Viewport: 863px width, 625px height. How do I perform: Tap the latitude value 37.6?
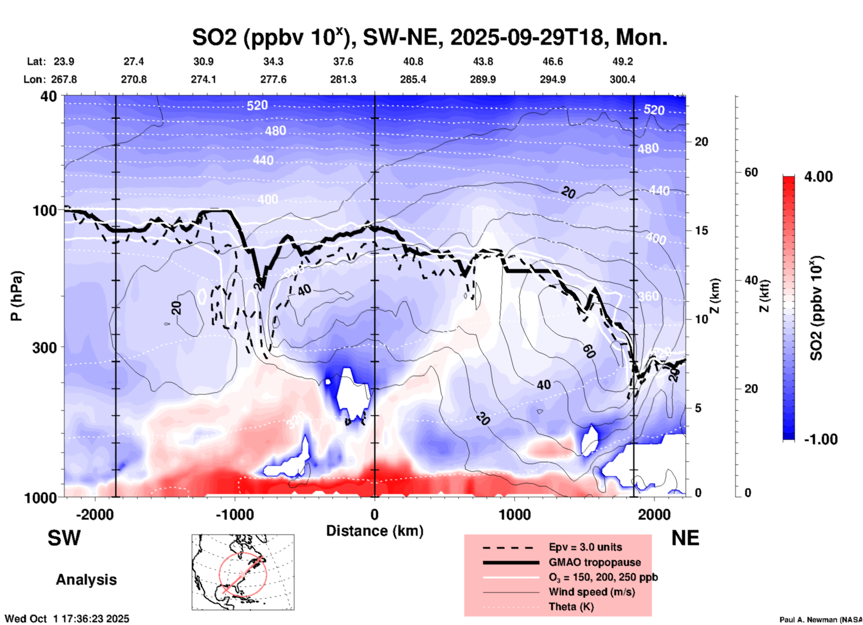tap(343, 61)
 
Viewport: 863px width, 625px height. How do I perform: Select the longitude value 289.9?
tap(483, 79)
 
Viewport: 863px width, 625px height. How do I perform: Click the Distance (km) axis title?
tap(375, 531)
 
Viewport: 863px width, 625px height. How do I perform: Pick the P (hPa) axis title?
tap(17, 295)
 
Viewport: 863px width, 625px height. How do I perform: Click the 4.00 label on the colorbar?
tap(818, 177)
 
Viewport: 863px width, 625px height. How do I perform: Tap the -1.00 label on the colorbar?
tap(820, 439)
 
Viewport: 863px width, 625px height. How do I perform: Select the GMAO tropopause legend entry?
tap(595, 562)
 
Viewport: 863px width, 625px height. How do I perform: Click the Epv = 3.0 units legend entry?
tap(585, 547)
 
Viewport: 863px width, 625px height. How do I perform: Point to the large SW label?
tap(64, 538)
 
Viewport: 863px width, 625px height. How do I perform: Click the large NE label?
tap(685, 538)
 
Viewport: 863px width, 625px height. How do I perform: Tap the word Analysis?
tap(86, 580)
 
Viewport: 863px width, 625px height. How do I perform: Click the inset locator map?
tap(243, 572)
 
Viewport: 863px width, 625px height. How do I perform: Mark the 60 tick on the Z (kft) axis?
tap(751, 172)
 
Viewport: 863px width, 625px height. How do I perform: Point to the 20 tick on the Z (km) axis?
tap(701, 142)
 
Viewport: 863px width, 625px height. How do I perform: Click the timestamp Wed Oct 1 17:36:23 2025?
tap(67, 619)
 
